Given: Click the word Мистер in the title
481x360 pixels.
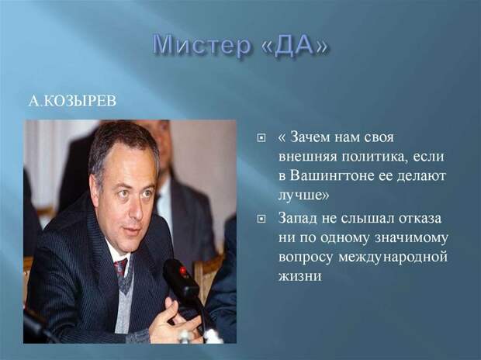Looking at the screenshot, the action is [x=202, y=45].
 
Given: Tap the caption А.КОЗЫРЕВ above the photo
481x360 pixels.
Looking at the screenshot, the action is [x=72, y=101].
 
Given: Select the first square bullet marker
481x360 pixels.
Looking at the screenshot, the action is [x=261, y=138].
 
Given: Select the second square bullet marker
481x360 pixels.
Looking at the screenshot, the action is [x=261, y=219].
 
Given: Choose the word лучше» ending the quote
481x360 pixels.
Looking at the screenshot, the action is [x=303, y=196].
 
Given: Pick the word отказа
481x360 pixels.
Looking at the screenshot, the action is [x=420, y=218].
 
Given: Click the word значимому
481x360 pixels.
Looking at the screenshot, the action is [x=411, y=238].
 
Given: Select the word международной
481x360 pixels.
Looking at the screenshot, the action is [x=393, y=257].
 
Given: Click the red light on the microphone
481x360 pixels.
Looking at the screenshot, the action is [x=183, y=271].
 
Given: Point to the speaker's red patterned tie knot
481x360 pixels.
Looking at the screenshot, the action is [x=121, y=266].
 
